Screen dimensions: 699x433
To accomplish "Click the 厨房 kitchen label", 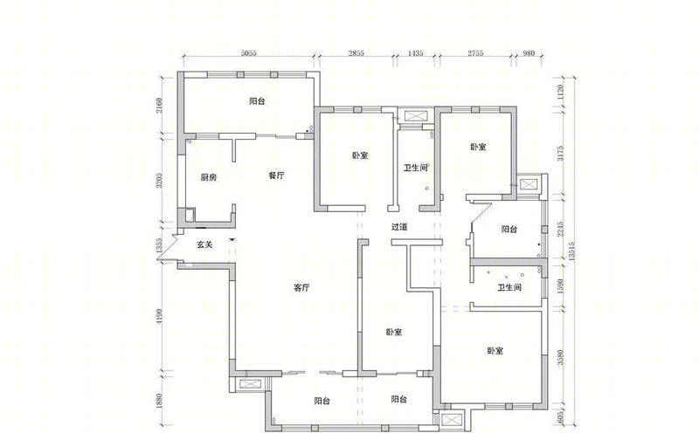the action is click(x=208, y=178).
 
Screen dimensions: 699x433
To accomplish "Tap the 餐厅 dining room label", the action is click(x=276, y=175).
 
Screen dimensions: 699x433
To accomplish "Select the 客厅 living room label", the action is click(x=301, y=288).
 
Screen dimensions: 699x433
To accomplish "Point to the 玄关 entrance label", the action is click(x=204, y=244).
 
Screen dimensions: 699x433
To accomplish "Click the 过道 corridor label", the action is click(x=399, y=227).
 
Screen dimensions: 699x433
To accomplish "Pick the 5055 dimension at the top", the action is click(x=249, y=53).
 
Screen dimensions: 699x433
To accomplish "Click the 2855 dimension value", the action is click(x=356, y=53).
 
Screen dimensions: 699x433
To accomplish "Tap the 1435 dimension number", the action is click(x=416, y=53).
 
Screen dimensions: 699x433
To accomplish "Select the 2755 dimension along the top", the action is click(x=475, y=53).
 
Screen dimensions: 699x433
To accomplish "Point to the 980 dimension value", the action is click(x=529, y=53).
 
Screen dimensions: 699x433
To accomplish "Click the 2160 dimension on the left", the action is click(x=159, y=106).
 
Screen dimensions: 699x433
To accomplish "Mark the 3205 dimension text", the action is click(x=159, y=181).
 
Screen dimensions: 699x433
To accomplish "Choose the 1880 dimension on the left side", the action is click(x=159, y=401).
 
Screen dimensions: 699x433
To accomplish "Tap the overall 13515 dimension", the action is click(x=571, y=251).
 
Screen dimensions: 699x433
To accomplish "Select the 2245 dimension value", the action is click(x=560, y=229).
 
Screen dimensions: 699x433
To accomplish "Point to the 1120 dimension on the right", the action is click(x=560, y=92).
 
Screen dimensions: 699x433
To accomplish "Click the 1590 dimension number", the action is click(x=560, y=286).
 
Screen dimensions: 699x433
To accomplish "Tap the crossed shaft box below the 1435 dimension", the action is click(x=416, y=117).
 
